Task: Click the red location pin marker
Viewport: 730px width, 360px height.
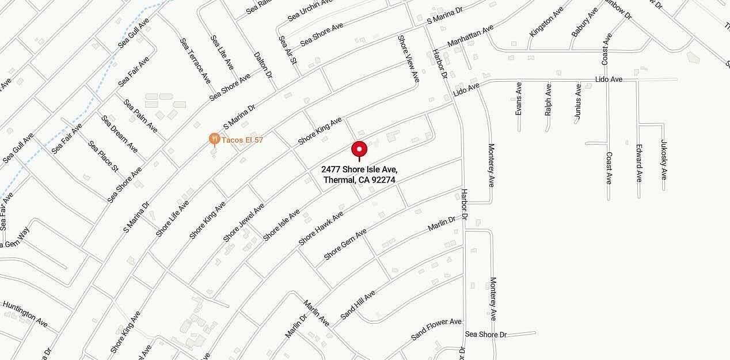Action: pyautogui.click(x=359, y=150)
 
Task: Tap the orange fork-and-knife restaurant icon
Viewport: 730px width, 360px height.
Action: pyautogui.click(x=214, y=139)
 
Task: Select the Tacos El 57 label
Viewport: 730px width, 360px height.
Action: pyautogui.click(x=242, y=140)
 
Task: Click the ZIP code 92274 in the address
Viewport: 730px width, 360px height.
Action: pyautogui.click(x=384, y=180)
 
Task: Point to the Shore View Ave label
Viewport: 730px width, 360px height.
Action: pyautogui.click(x=408, y=60)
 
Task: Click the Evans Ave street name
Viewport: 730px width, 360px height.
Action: pyautogui.click(x=519, y=98)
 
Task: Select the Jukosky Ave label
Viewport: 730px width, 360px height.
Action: pyautogui.click(x=664, y=157)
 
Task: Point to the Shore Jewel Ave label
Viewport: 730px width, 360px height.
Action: pyautogui.click(x=244, y=222)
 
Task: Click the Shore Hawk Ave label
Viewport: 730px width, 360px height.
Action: pyautogui.click(x=321, y=228)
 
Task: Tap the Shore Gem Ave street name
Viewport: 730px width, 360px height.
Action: pyautogui.click(x=345, y=244)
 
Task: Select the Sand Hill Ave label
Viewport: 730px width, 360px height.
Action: pyautogui.click(x=358, y=305)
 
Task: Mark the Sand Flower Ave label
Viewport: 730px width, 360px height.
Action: pyautogui.click(x=436, y=329)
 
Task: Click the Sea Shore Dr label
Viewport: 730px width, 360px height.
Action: pyautogui.click(x=485, y=334)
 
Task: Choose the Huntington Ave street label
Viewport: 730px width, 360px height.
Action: pyautogui.click(x=25, y=314)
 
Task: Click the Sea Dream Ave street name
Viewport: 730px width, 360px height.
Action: pyautogui.click(x=120, y=134)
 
